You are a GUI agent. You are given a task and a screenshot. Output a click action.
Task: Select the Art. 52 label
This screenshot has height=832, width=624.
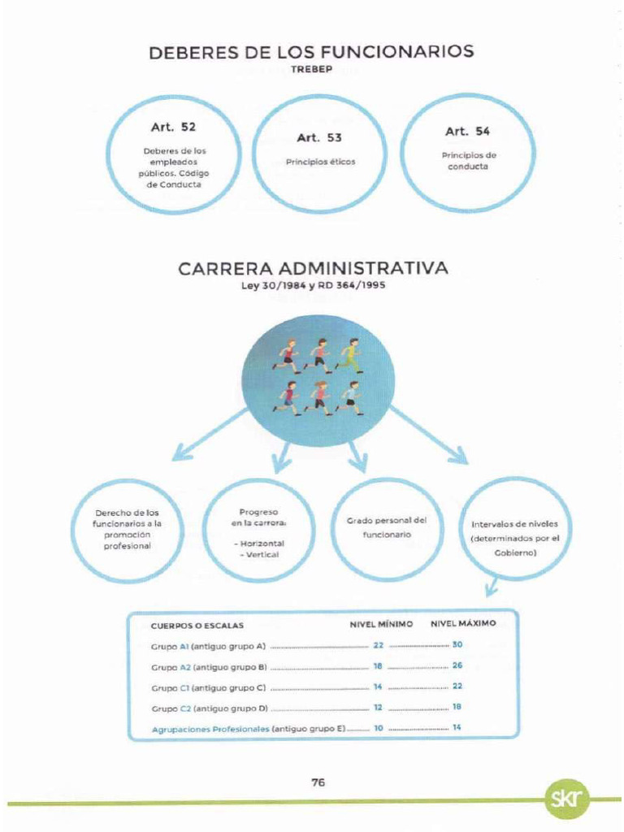point(173,127)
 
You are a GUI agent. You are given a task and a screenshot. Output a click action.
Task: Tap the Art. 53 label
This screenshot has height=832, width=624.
point(319,137)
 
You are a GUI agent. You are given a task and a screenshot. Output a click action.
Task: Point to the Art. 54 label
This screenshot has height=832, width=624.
point(467,131)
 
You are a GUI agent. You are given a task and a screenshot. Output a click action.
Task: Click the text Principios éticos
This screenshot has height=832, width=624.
point(320,162)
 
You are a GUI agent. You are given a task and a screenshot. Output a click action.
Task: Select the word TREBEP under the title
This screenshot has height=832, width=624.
point(312,69)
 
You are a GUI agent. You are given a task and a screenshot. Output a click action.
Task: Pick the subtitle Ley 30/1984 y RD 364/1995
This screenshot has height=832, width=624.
point(313,285)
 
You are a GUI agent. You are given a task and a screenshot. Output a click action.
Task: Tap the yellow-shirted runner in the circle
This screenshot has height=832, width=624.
point(349,355)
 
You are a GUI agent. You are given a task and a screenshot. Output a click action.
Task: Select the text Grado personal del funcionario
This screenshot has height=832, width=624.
point(388,526)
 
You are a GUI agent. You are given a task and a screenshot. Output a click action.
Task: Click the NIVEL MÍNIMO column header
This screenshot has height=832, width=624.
point(381,624)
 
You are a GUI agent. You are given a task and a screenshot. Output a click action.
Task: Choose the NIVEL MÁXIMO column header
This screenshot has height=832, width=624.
point(463,624)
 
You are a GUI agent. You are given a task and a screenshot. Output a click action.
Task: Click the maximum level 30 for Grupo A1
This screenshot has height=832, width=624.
point(457,645)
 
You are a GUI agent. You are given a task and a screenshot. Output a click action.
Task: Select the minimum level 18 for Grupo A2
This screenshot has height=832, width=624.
point(378,665)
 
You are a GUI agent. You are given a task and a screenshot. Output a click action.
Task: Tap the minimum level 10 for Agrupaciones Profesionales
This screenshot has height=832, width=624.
point(378,728)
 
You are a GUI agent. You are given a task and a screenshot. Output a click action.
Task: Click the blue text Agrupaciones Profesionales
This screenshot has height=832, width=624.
point(210,729)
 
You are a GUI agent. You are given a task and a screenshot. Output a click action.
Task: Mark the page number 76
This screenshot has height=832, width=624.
point(318,782)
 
